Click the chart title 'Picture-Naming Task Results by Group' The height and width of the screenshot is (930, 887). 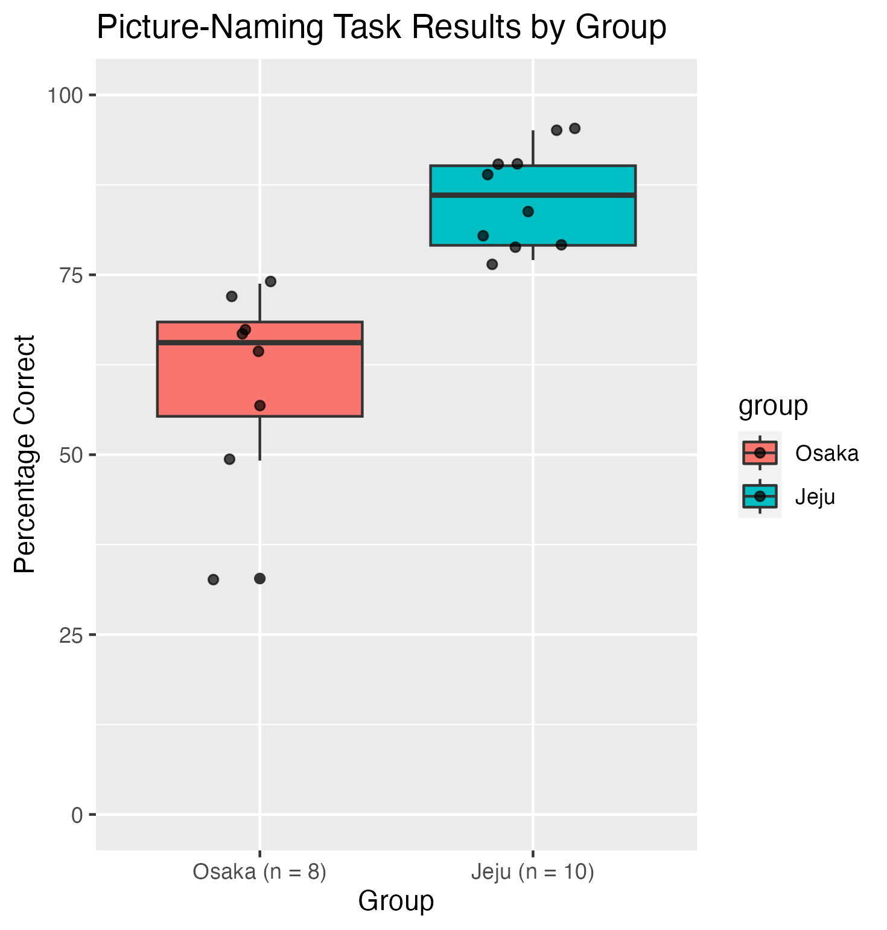point(381,27)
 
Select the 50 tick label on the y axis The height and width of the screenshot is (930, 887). point(71,455)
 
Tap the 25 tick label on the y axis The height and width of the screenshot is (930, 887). point(71,635)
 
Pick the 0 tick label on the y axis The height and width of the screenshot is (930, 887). point(77,815)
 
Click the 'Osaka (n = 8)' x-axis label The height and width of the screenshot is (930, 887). point(259,872)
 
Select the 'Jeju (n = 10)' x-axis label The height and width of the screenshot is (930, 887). point(533,872)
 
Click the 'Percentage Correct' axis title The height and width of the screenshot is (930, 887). point(25,454)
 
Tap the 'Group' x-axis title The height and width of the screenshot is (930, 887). point(396,901)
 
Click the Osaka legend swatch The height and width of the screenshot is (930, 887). point(760,453)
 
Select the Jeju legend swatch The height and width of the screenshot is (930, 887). point(760,496)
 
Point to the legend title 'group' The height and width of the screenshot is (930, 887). point(773,406)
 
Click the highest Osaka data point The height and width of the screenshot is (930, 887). point(270,281)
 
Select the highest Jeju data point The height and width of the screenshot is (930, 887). point(574,129)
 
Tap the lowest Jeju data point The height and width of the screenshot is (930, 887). point(492,264)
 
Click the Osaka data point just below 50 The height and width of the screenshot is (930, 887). point(229,459)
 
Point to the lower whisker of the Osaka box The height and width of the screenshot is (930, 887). point(260,438)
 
